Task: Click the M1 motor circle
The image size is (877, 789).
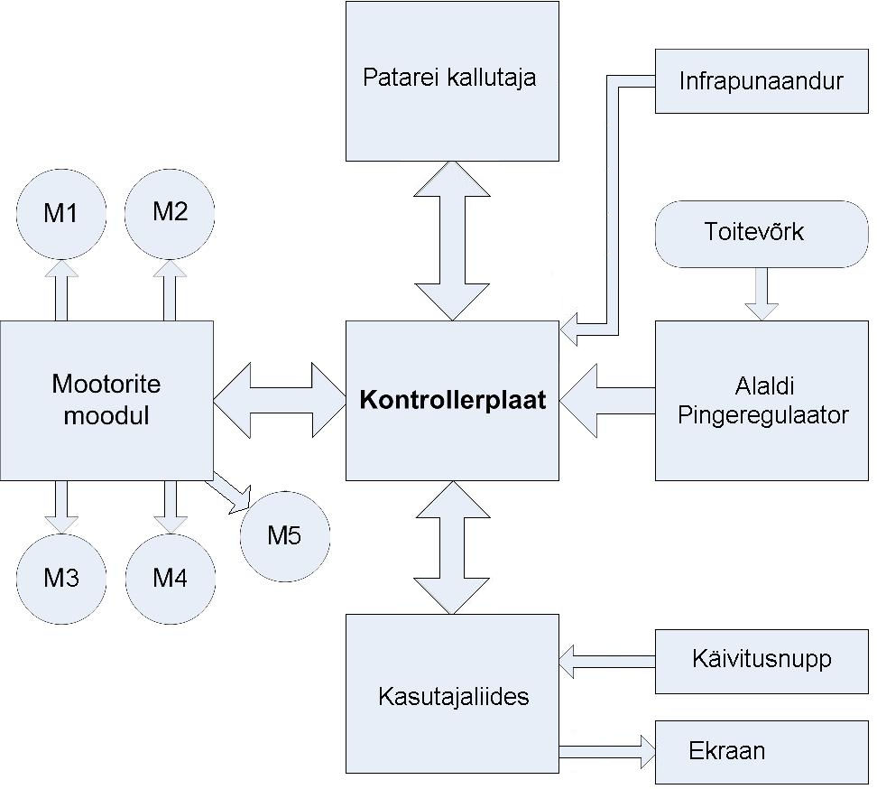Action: coord(61,214)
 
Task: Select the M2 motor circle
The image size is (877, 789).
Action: coord(170,212)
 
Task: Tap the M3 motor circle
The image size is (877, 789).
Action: coord(61,578)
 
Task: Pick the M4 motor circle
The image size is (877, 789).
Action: coord(170,578)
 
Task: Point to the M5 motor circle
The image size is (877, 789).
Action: coord(284,536)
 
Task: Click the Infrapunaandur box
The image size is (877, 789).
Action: coord(761,81)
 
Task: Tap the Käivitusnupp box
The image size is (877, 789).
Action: coord(761,659)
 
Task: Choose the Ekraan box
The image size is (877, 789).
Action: coord(761,750)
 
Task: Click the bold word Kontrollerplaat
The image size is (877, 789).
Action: coord(453,400)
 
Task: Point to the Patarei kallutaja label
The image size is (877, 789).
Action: coord(449,78)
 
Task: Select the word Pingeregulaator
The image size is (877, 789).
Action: coord(762,416)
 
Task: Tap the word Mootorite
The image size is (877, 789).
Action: coord(106,384)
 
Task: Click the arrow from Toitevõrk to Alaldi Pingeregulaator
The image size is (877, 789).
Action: coord(761,294)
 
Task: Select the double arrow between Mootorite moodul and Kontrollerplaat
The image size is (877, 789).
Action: coord(281,400)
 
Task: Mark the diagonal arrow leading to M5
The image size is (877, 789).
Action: coord(229,490)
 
